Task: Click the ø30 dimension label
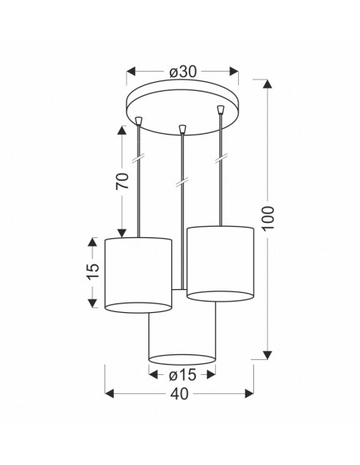[x=182, y=72]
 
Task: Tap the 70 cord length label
[x=123, y=181]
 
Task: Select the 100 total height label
[x=268, y=218]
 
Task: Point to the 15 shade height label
[x=92, y=272]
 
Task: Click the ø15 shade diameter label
[x=182, y=375]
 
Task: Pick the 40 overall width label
[x=179, y=394]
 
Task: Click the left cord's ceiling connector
[x=139, y=120]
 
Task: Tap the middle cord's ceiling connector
[x=182, y=129]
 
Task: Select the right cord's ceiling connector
[x=220, y=109]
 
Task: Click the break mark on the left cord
[x=139, y=158]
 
